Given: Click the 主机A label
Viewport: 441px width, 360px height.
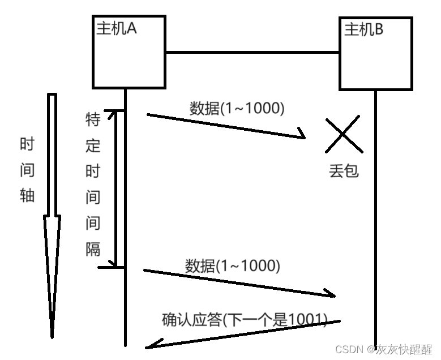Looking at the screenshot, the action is (116, 28).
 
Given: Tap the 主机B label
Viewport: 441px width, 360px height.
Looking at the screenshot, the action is (363, 29).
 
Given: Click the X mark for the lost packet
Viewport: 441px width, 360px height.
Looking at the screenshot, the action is (344, 134).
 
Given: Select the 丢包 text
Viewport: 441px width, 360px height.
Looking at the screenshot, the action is (344, 170).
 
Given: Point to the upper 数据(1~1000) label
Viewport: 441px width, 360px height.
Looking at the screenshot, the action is (237, 108).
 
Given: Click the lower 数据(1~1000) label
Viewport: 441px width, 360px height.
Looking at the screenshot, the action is (232, 265).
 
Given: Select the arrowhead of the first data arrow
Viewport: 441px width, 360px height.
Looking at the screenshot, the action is (301, 136).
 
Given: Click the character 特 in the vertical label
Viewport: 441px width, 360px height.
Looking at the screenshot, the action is (93, 119).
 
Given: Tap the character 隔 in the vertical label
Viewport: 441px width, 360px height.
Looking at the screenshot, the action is (93, 248).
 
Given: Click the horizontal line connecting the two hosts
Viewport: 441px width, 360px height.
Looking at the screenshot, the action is (252, 53).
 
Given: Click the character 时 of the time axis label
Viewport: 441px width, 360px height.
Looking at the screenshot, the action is (27, 144).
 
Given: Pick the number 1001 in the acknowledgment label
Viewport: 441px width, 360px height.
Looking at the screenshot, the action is (306, 320).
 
